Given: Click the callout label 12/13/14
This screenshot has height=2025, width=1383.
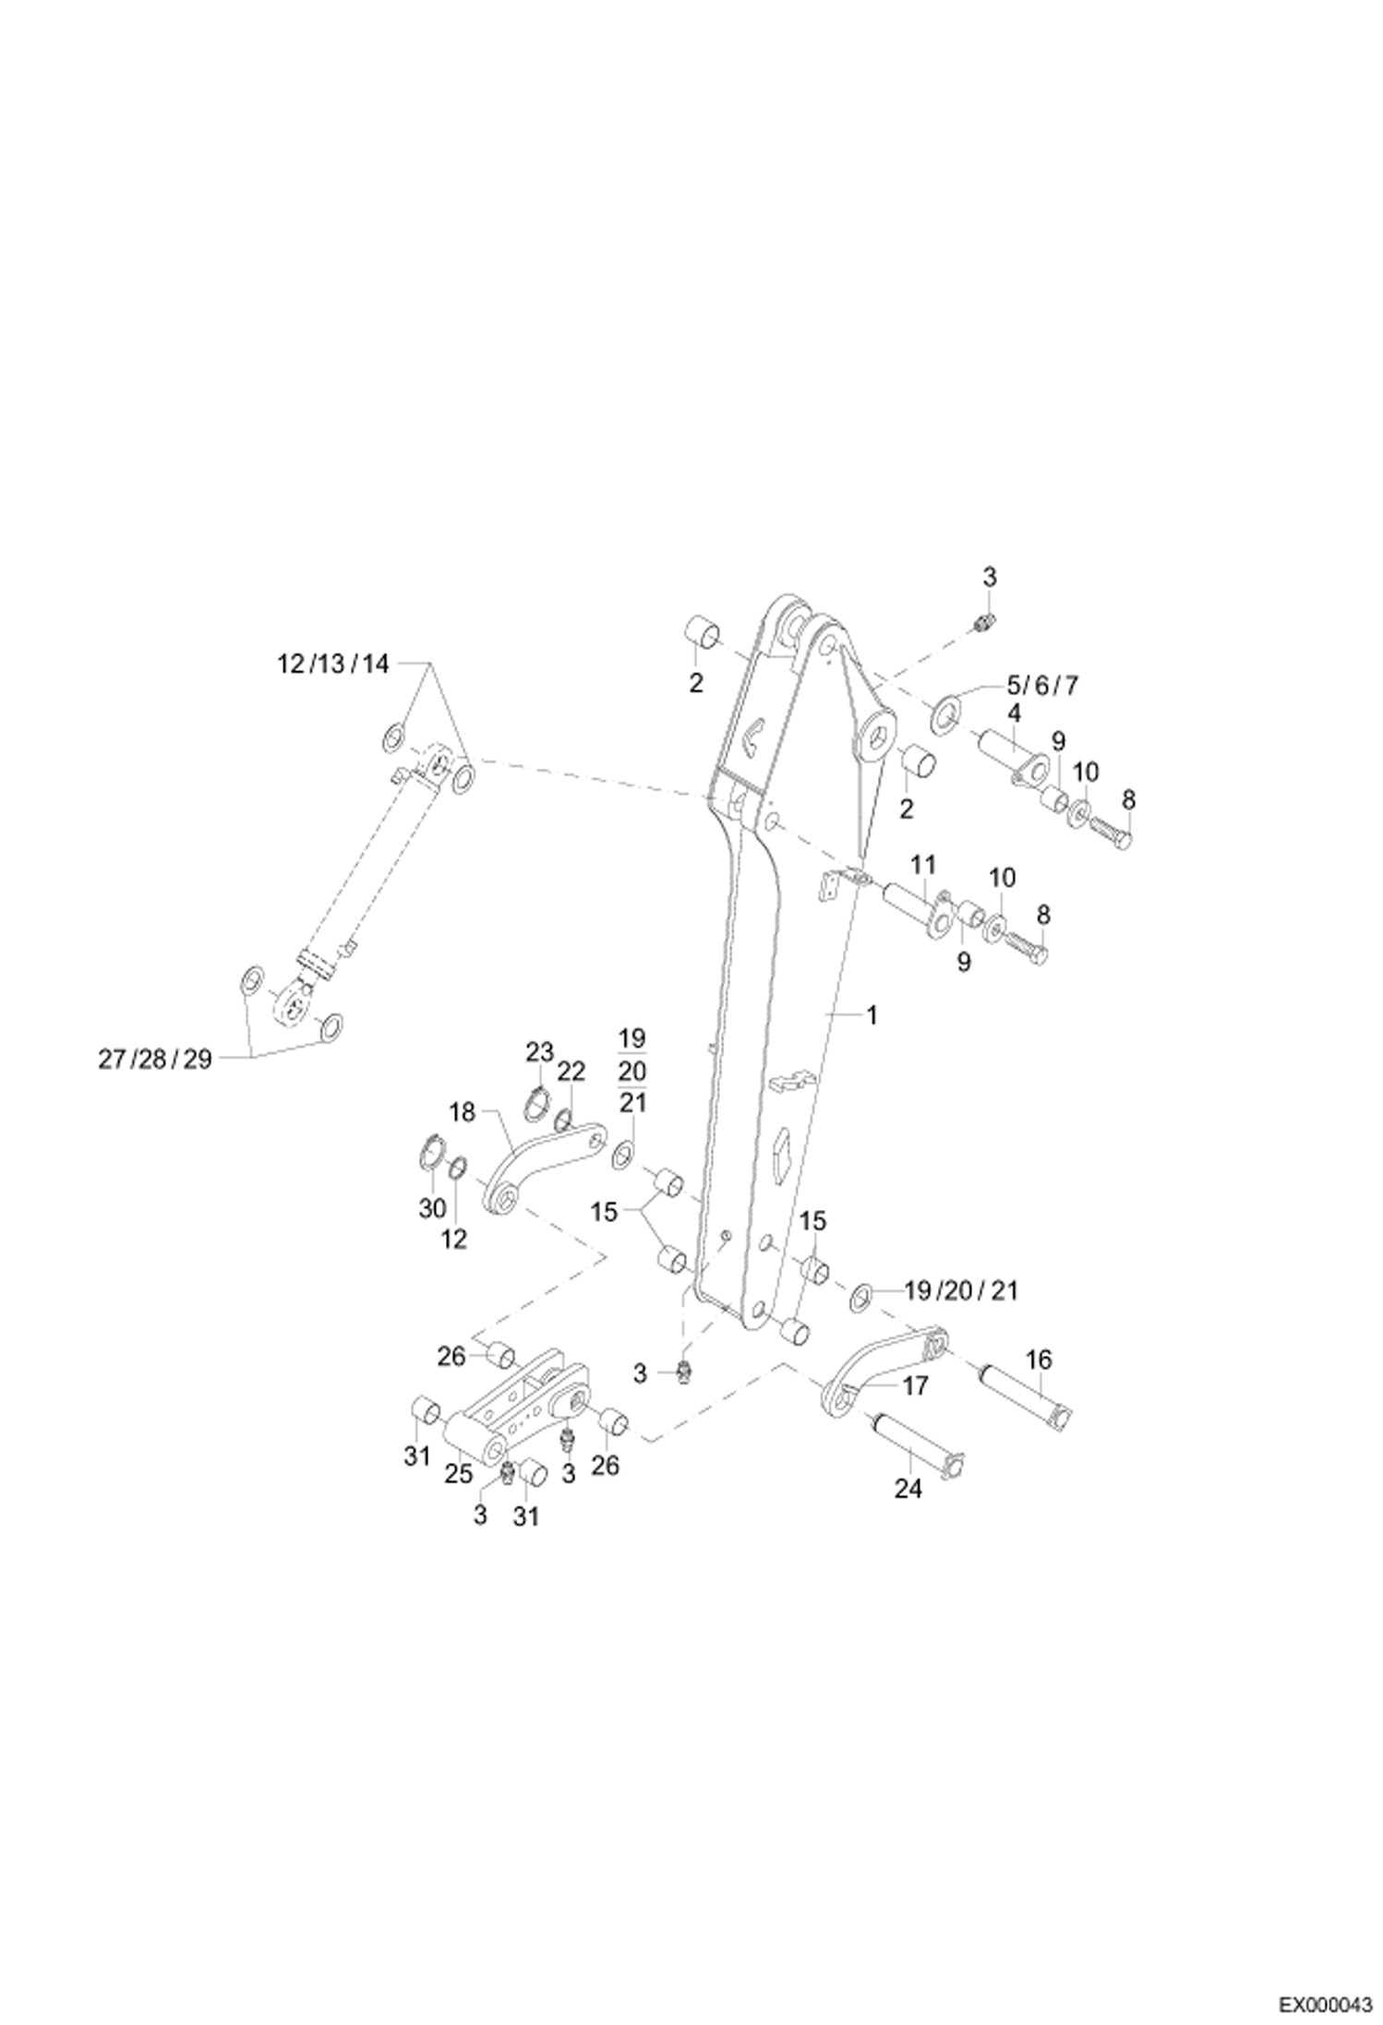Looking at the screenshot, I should (x=334, y=664).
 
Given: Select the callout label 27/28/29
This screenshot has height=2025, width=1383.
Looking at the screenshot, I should (x=155, y=1060).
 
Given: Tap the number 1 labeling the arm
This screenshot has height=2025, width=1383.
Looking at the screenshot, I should (x=871, y=1015).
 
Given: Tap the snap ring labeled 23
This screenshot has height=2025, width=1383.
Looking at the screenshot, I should (x=538, y=1104).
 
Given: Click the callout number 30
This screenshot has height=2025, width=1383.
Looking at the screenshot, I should (x=432, y=1208).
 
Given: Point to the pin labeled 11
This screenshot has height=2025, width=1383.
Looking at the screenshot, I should (x=915, y=904).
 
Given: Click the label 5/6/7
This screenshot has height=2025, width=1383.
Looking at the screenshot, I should (x=1042, y=685).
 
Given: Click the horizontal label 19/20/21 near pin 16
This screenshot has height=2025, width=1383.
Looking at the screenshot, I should (x=961, y=1290).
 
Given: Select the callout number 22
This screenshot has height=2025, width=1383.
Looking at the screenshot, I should (x=571, y=1072).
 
